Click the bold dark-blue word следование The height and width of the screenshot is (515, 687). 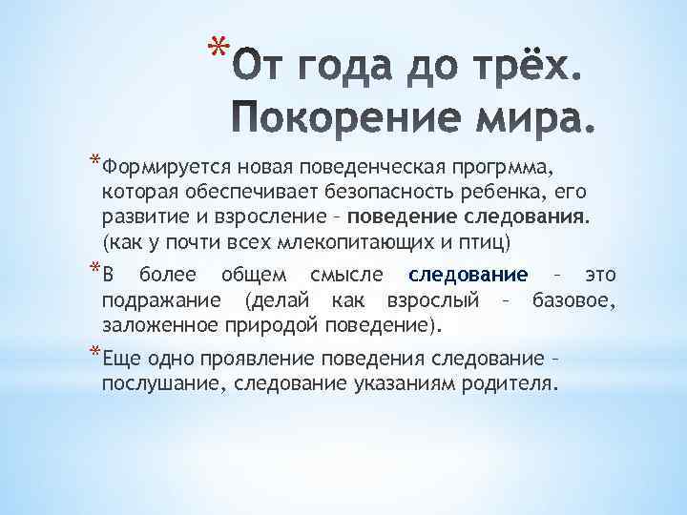pyautogui.click(x=468, y=276)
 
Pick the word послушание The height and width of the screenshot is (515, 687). pyautogui.click(x=154, y=383)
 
